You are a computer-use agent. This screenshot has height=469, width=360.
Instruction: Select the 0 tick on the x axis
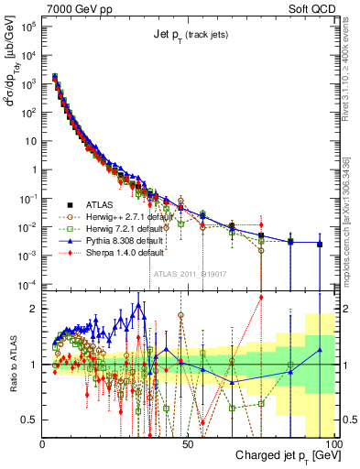tap(43, 443)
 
